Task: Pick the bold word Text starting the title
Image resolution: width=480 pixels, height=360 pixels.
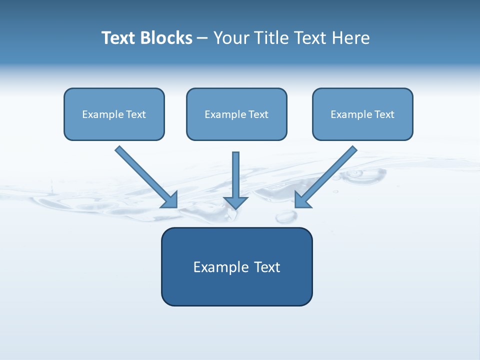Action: [x=118, y=38]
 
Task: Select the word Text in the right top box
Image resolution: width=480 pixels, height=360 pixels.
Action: [x=384, y=114]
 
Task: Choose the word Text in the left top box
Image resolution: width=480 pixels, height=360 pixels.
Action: [x=136, y=114]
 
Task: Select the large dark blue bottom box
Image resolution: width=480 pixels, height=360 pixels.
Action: [x=236, y=290]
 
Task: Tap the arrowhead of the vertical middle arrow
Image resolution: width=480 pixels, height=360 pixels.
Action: [x=236, y=202]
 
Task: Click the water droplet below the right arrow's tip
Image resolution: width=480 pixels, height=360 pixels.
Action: [x=285, y=216]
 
